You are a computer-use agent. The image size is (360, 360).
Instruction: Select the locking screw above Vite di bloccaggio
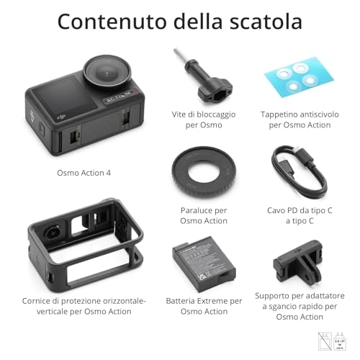pos(197,76)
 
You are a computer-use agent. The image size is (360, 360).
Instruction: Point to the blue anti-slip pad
pos(294,78)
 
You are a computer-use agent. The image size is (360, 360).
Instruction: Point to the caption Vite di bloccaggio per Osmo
pos(197,119)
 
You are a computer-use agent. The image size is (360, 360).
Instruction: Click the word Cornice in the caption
pos(39,300)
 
